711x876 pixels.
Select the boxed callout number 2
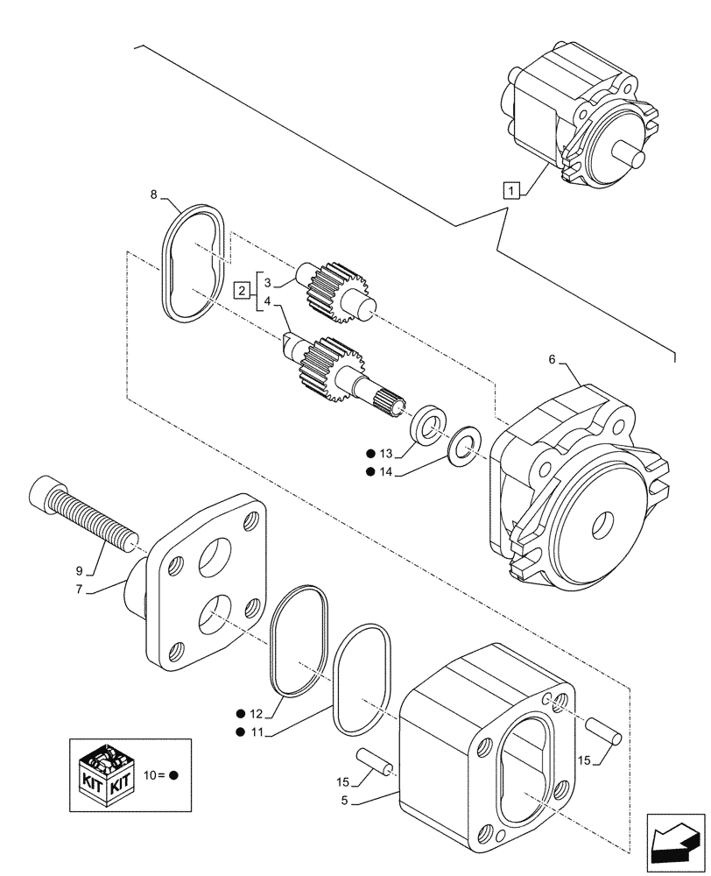point(242,291)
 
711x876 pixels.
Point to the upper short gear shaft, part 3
point(336,290)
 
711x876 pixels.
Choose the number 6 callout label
point(552,359)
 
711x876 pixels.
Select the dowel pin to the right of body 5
point(606,731)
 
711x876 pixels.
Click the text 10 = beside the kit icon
point(154,776)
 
